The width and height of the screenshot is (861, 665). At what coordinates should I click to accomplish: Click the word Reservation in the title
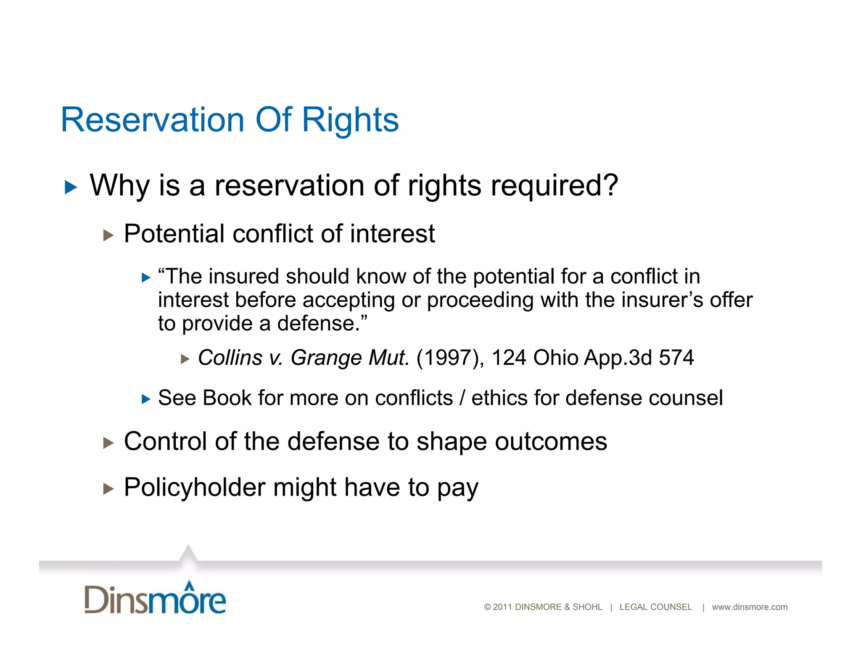(152, 120)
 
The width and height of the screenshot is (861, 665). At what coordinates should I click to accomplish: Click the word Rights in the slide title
(350, 120)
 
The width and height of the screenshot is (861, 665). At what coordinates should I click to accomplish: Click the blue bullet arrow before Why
(71, 187)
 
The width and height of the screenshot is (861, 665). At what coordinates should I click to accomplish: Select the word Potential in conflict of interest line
(174, 234)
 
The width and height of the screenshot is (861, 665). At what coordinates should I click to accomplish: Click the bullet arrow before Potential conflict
(108, 235)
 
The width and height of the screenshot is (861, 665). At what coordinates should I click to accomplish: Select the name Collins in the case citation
(230, 358)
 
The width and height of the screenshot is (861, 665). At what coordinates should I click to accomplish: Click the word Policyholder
(194, 488)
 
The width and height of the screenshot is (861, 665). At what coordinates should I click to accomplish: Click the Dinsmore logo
(155, 598)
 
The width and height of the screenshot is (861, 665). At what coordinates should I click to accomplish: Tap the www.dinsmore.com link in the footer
(749, 607)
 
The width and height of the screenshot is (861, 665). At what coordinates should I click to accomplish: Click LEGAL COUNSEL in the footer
(655, 607)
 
